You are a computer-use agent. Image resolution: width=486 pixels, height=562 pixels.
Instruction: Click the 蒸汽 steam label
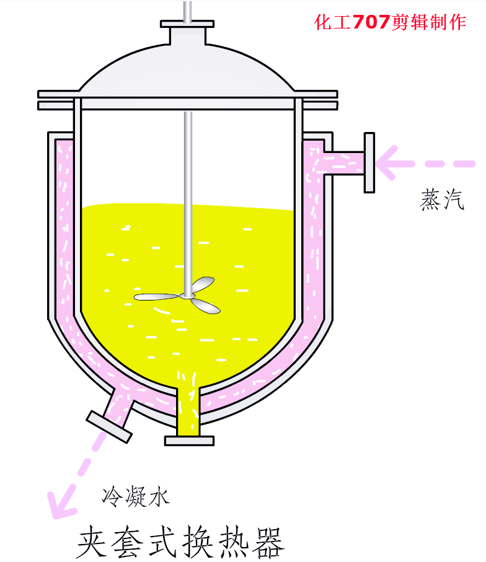click(442, 200)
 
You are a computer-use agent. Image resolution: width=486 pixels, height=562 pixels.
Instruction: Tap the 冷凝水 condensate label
click(136, 496)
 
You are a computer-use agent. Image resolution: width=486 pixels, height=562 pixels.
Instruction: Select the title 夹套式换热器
click(180, 542)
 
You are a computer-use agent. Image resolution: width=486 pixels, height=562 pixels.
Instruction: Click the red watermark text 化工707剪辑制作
click(391, 22)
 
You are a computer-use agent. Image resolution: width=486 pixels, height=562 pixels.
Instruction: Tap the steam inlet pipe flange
click(369, 163)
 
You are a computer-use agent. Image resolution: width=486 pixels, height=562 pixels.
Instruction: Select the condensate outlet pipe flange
click(109, 426)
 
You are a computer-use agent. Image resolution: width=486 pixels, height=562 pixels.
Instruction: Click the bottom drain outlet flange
click(189, 441)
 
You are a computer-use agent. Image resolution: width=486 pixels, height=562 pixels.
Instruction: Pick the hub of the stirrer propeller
click(187, 296)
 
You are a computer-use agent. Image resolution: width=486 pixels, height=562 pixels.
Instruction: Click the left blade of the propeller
click(156, 297)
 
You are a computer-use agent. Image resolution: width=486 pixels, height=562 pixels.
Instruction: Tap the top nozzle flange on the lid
click(187, 24)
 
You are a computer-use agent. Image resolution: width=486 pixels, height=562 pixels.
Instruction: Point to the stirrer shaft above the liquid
click(188, 158)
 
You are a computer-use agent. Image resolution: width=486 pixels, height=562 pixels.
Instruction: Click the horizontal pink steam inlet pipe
click(344, 163)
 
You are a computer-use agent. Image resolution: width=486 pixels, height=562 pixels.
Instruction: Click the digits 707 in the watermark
click(371, 22)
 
